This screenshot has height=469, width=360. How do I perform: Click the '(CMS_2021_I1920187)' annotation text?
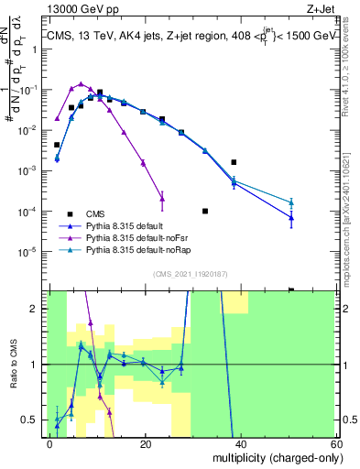[x=190, y=274]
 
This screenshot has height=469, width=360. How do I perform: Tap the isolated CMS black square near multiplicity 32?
[x=205, y=211]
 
